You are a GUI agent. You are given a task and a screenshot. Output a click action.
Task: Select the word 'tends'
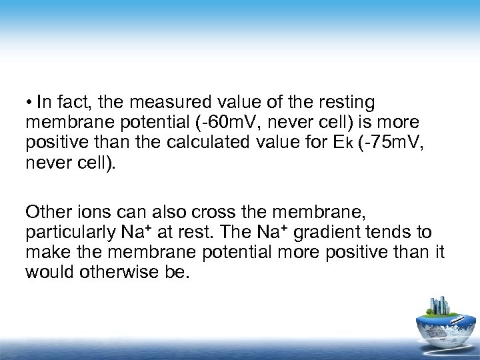398,233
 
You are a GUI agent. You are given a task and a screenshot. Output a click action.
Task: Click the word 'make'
45,253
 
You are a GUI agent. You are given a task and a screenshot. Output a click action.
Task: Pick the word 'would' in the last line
49,273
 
